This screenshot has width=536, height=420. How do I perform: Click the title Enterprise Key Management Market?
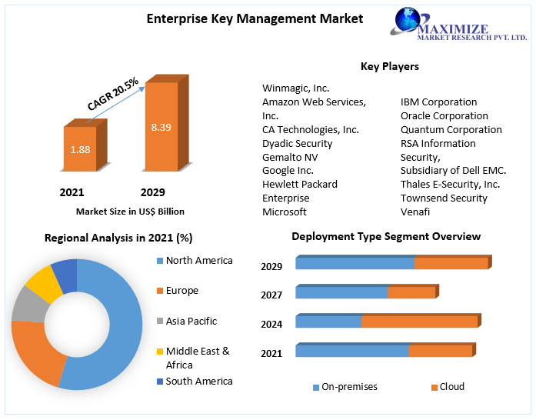click(255, 19)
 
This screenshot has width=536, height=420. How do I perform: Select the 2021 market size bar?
click(80, 149)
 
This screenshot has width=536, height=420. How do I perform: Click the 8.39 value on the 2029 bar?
click(161, 127)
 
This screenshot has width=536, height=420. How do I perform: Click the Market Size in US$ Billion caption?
click(130, 211)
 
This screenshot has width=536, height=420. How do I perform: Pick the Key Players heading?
click(389, 67)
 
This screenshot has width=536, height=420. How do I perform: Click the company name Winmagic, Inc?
click(295, 88)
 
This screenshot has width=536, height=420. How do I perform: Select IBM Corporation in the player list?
click(438, 102)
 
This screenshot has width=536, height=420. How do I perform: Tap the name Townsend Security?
click(444, 198)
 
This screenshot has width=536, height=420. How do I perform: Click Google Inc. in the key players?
click(288, 170)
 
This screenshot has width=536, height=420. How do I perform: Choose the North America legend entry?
click(198, 261)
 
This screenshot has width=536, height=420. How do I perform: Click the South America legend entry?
click(198, 381)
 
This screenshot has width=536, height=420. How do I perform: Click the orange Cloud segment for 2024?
click(419, 322)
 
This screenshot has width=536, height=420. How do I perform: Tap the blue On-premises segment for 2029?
click(355, 263)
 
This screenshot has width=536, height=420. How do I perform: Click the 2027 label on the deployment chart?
click(271, 295)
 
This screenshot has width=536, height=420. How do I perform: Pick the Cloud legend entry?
click(451, 387)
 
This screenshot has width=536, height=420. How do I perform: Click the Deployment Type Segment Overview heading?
click(386, 237)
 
